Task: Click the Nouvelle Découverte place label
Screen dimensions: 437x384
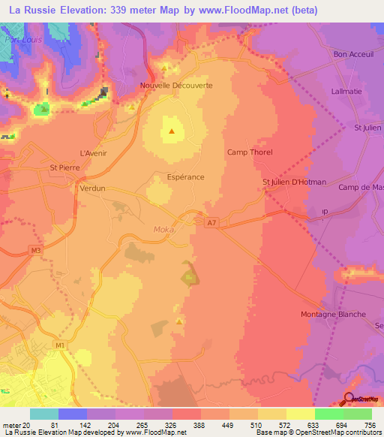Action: [x=176, y=86]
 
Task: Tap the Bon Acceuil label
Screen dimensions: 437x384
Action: [x=353, y=55]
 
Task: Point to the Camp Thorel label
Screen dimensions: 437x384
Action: [x=250, y=152]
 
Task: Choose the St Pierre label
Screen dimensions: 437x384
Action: [x=64, y=168]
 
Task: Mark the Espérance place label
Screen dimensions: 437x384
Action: [x=185, y=178]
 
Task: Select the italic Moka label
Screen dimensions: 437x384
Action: [x=164, y=230]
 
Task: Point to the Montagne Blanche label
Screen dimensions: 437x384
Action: [x=333, y=314]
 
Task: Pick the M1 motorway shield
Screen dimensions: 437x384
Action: [x=59, y=345]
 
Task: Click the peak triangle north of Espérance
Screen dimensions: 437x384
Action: [x=172, y=131]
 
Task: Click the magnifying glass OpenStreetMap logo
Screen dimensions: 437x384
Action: [x=349, y=399]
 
